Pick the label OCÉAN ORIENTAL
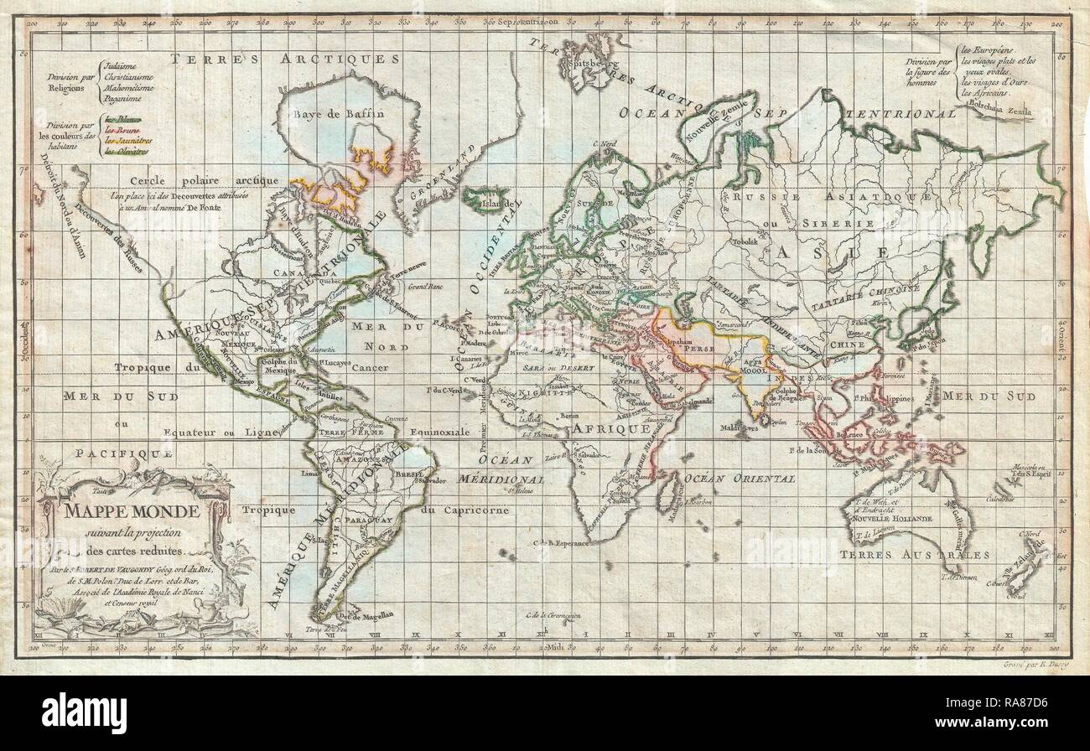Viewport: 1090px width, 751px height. tap(740, 478)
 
